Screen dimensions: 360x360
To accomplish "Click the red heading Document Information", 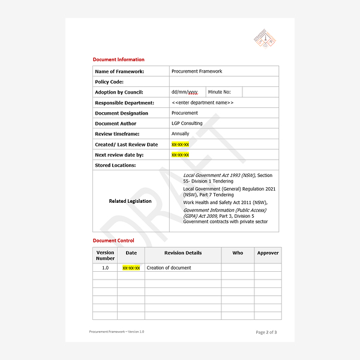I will (118, 59).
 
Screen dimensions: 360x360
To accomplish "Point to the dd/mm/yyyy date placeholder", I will (184, 92).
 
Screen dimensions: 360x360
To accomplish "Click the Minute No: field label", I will (220, 92).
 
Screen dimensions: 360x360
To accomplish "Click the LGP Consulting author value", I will (187, 124).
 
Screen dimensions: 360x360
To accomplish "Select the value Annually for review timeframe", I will (180, 134).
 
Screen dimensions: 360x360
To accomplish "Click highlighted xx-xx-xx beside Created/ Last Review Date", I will (180, 145).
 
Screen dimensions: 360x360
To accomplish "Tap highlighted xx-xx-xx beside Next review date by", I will (180, 155).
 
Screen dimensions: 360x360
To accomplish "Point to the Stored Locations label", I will (115, 165).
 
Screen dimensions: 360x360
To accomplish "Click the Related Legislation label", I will (130, 201).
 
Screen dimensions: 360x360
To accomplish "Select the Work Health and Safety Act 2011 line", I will (225, 203).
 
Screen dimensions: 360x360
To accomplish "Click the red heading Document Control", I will (113, 241).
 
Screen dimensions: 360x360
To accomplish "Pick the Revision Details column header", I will (183, 253).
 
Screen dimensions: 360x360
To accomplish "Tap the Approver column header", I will (268, 253).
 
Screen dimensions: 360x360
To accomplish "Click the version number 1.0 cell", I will (105, 268).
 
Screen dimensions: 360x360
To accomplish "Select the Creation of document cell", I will (169, 268).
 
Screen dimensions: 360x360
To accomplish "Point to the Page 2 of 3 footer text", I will (266, 332).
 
